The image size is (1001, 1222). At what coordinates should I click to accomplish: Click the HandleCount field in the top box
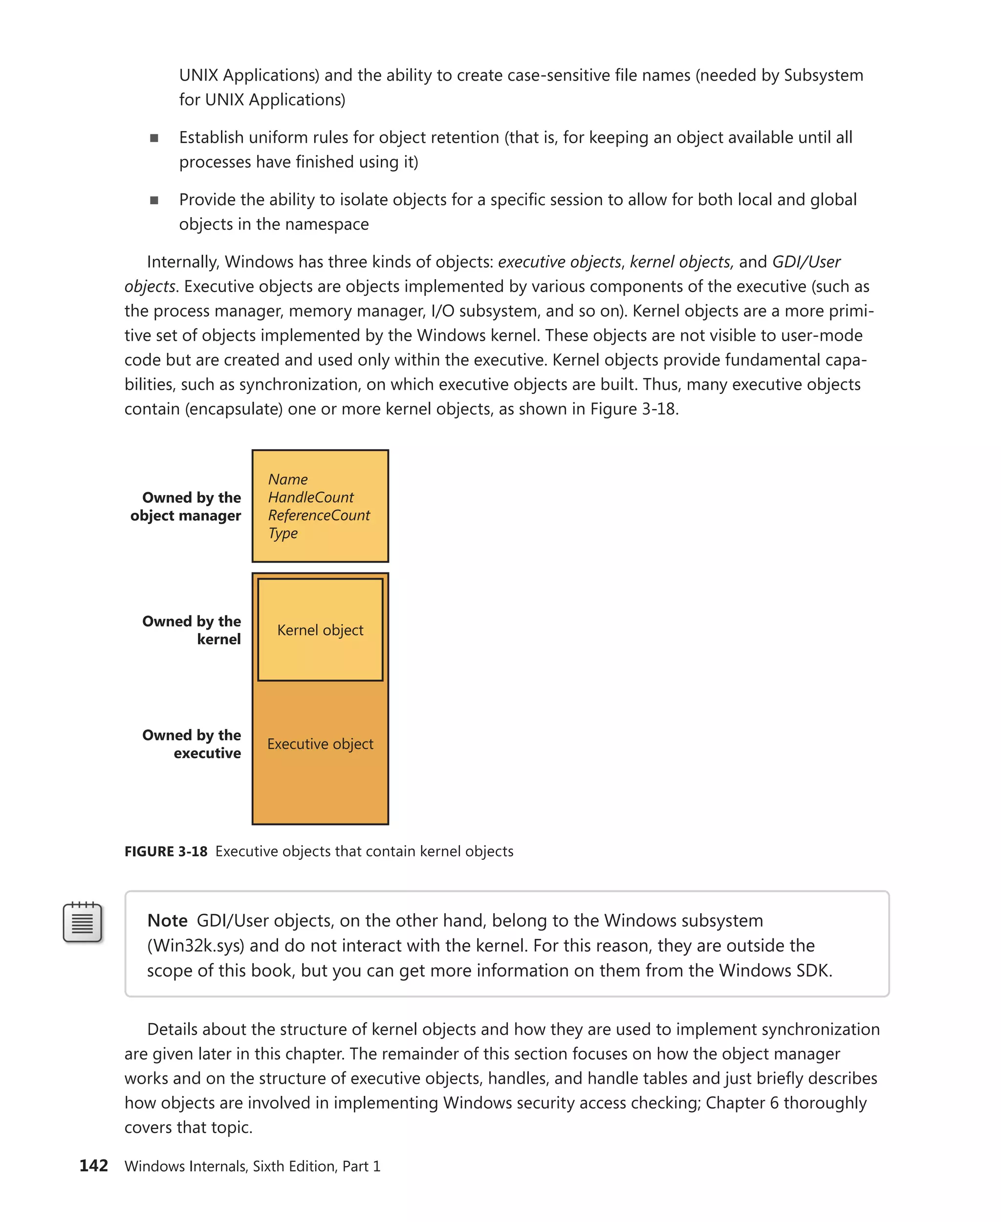[x=311, y=497]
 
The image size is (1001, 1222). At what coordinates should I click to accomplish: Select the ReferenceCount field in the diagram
[x=319, y=515]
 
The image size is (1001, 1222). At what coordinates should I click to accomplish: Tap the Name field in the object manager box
[x=288, y=479]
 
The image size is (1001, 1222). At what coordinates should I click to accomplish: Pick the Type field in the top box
[x=283, y=533]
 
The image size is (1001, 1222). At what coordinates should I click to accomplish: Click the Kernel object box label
[x=320, y=630]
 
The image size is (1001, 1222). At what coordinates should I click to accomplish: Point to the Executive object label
[x=320, y=744]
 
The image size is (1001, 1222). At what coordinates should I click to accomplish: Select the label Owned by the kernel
[x=193, y=630]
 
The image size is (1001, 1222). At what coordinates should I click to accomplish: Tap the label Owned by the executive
[x=193, y=744]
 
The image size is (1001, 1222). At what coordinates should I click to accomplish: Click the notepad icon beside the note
[x=83, y=922]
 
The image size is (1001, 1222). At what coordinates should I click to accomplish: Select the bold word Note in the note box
[x=167, y=920]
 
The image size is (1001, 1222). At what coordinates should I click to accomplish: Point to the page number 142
[x=93, y=1165]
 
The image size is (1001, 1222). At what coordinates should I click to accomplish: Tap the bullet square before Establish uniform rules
[x=154, y=138]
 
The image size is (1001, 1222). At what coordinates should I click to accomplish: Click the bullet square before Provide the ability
[x=154, y=200]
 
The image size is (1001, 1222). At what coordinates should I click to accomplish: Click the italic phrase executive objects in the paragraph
[x=559, y=262]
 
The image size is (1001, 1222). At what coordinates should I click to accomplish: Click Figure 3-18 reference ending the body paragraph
[x=632, y=409]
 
